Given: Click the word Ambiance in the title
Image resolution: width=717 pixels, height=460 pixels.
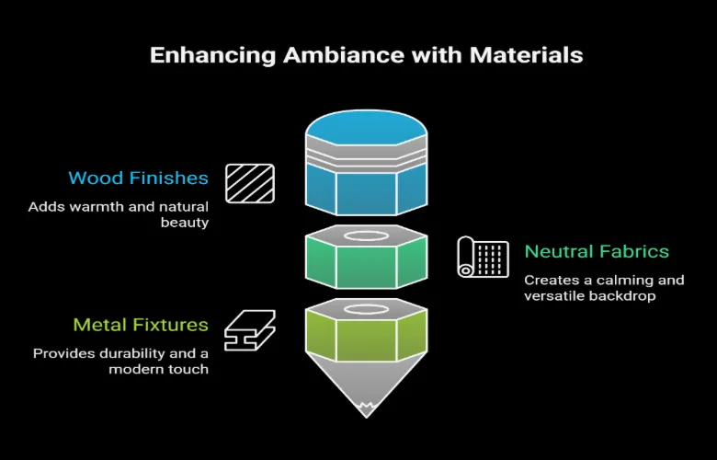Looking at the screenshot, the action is click(344, 55).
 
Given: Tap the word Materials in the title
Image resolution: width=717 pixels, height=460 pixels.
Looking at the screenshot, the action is click(526, 55).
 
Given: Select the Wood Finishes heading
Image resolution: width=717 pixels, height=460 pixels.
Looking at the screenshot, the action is click(139, 178).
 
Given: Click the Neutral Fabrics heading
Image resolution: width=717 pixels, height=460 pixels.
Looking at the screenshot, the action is click(597, 251).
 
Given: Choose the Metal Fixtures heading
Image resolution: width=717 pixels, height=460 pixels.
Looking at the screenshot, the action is click(141, 325).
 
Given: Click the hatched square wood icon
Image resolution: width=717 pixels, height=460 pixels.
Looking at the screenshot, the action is click(250, 184).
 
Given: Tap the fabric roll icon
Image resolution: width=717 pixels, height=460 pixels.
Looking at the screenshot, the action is click(483, 257).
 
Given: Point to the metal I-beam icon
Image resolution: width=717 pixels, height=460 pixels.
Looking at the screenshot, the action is click(250, 330).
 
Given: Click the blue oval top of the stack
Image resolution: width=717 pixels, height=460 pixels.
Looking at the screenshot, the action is click(366, 128).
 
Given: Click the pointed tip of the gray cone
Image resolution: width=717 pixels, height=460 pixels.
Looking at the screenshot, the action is click(366, 417).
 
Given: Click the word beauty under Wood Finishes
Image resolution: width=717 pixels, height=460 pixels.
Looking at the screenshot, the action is click(185, 223).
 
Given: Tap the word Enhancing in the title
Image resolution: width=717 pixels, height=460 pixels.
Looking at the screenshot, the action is click(213, 56).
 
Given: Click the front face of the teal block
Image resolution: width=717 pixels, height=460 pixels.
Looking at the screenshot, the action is click(366, 267).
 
